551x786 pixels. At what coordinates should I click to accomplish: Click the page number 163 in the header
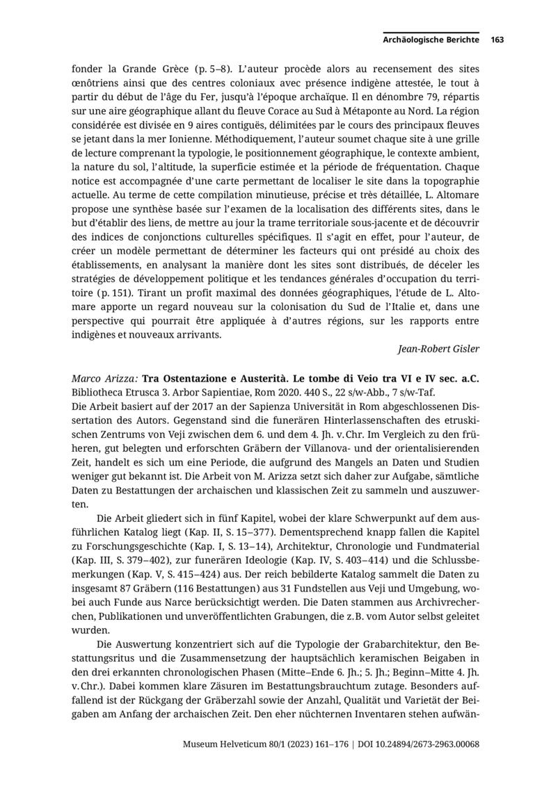pyautogui.click(x=497, y=40)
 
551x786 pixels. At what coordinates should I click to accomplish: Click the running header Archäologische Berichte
pyautogui.click(x=431, y=40)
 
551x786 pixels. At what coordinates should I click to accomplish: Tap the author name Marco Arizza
pyautogui.click(x=104, y=378)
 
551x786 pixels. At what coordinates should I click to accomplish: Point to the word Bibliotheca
pyautogui.click(x=99, y=392)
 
